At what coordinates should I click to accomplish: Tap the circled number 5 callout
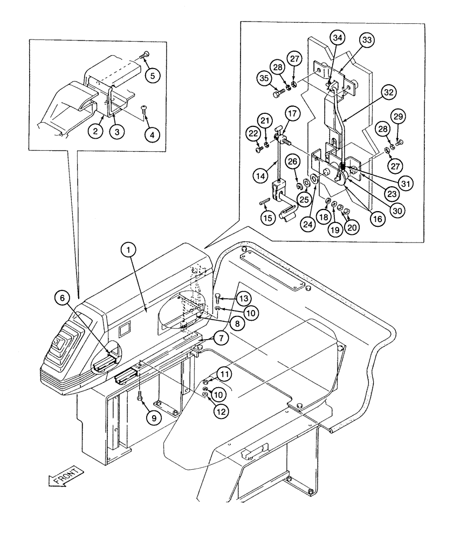tap(153, 76)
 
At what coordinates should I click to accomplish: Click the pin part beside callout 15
tap(263, 202)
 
